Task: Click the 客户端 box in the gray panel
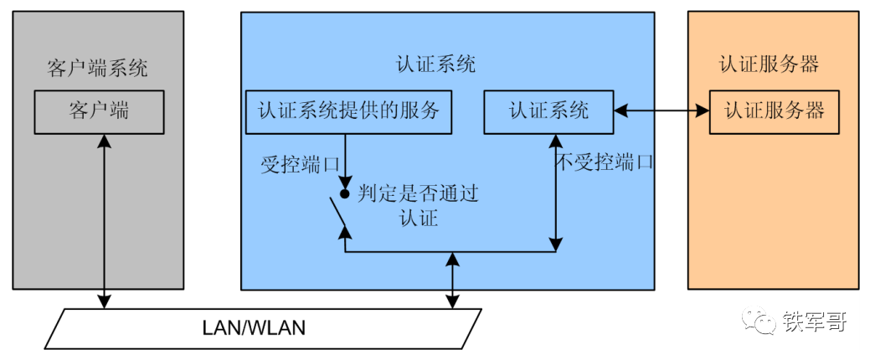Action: tap(99, 111)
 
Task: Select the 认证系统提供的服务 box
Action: tap(348, 111)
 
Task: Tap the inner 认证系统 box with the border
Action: tap(548, 111)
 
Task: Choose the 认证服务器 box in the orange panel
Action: tap(775, 111)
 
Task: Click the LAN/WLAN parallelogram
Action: tap(263, 328)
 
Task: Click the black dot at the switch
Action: tap(344, 193)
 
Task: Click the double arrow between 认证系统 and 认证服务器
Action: tap(661, 110)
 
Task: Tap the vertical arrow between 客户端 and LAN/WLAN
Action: tap(104, 222)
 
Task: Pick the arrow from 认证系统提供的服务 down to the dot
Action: tap(344, 159)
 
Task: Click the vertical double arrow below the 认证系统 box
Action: tap(555, 192)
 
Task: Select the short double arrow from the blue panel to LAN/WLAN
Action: tap(453, 280)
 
